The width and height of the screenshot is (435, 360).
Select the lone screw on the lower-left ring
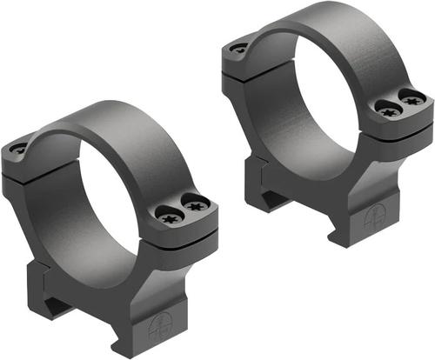17,150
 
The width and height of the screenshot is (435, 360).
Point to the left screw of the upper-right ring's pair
386,108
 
